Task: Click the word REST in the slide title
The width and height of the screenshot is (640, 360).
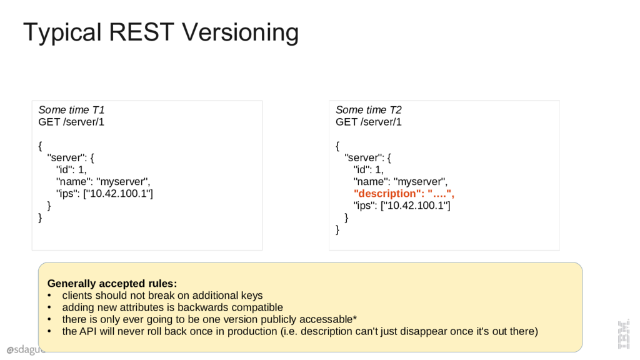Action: (142, 32)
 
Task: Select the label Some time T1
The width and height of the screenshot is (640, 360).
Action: (71, 110)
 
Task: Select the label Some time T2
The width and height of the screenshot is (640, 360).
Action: (369, 110)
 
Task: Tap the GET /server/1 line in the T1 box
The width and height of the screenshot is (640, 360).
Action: (71, 122)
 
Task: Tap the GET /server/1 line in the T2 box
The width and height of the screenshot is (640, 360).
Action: (369, 122)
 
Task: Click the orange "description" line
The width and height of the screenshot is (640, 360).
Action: (404, 194)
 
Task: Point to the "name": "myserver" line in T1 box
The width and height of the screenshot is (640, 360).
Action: (103, 182)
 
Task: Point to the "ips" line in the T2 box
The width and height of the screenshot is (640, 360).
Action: (402, 205)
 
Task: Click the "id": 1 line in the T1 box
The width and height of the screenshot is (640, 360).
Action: (71, 170)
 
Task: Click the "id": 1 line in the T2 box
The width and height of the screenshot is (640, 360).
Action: (369, 170)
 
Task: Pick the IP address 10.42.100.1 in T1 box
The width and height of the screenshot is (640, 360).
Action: (118, 194)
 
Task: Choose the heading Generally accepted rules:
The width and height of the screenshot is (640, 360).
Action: (112, 284)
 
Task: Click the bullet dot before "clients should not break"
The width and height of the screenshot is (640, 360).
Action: (49, 296)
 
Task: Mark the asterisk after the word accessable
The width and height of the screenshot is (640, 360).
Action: (355, 317)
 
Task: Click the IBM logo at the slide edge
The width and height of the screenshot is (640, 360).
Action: (623, 335)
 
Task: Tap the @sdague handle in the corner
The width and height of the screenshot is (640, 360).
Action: (25, 350)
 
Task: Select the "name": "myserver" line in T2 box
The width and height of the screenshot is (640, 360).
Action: (401, 182)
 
